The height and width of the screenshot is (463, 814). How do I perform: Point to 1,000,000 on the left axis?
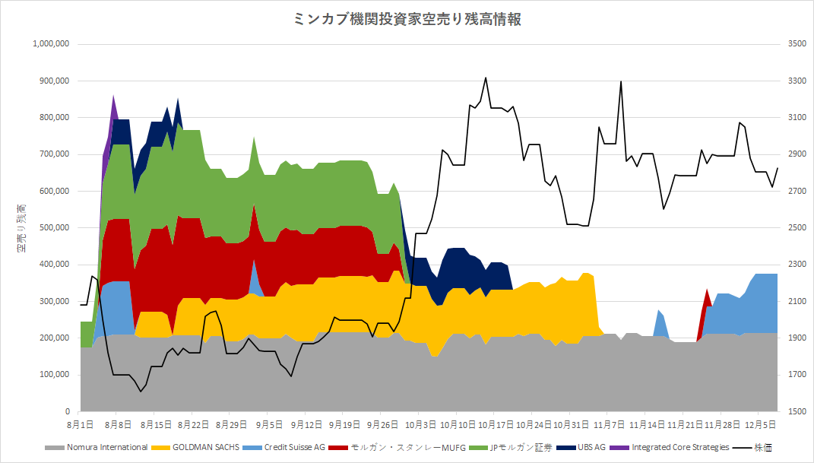coord(51,44)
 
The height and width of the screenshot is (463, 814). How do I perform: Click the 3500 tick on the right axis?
coord(797,44)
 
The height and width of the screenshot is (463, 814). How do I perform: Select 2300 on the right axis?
coord(797,265)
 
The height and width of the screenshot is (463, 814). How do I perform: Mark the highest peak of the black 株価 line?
coord(485,78)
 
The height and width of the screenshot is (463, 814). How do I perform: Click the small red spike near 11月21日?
coord(708,292)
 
